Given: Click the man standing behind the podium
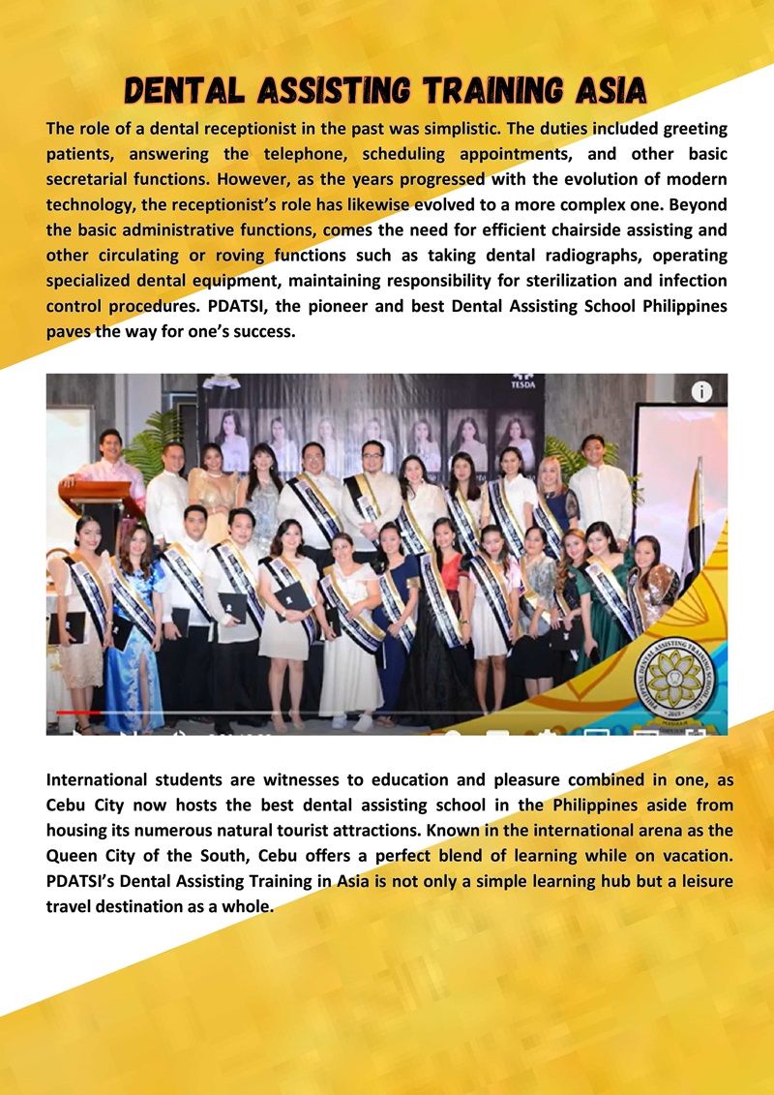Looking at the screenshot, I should click(111, 463).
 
